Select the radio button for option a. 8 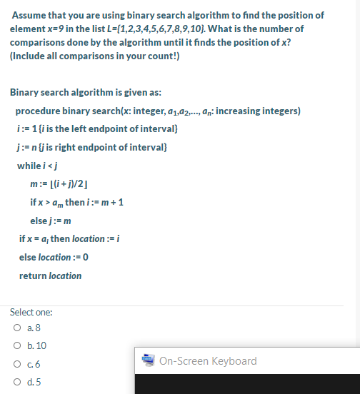[15, 328]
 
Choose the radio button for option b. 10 [15, 345]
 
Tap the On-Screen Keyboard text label [209, 360]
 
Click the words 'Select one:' [30, 313]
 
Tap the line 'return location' [50, 276]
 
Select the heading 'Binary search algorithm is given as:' [80, 93]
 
